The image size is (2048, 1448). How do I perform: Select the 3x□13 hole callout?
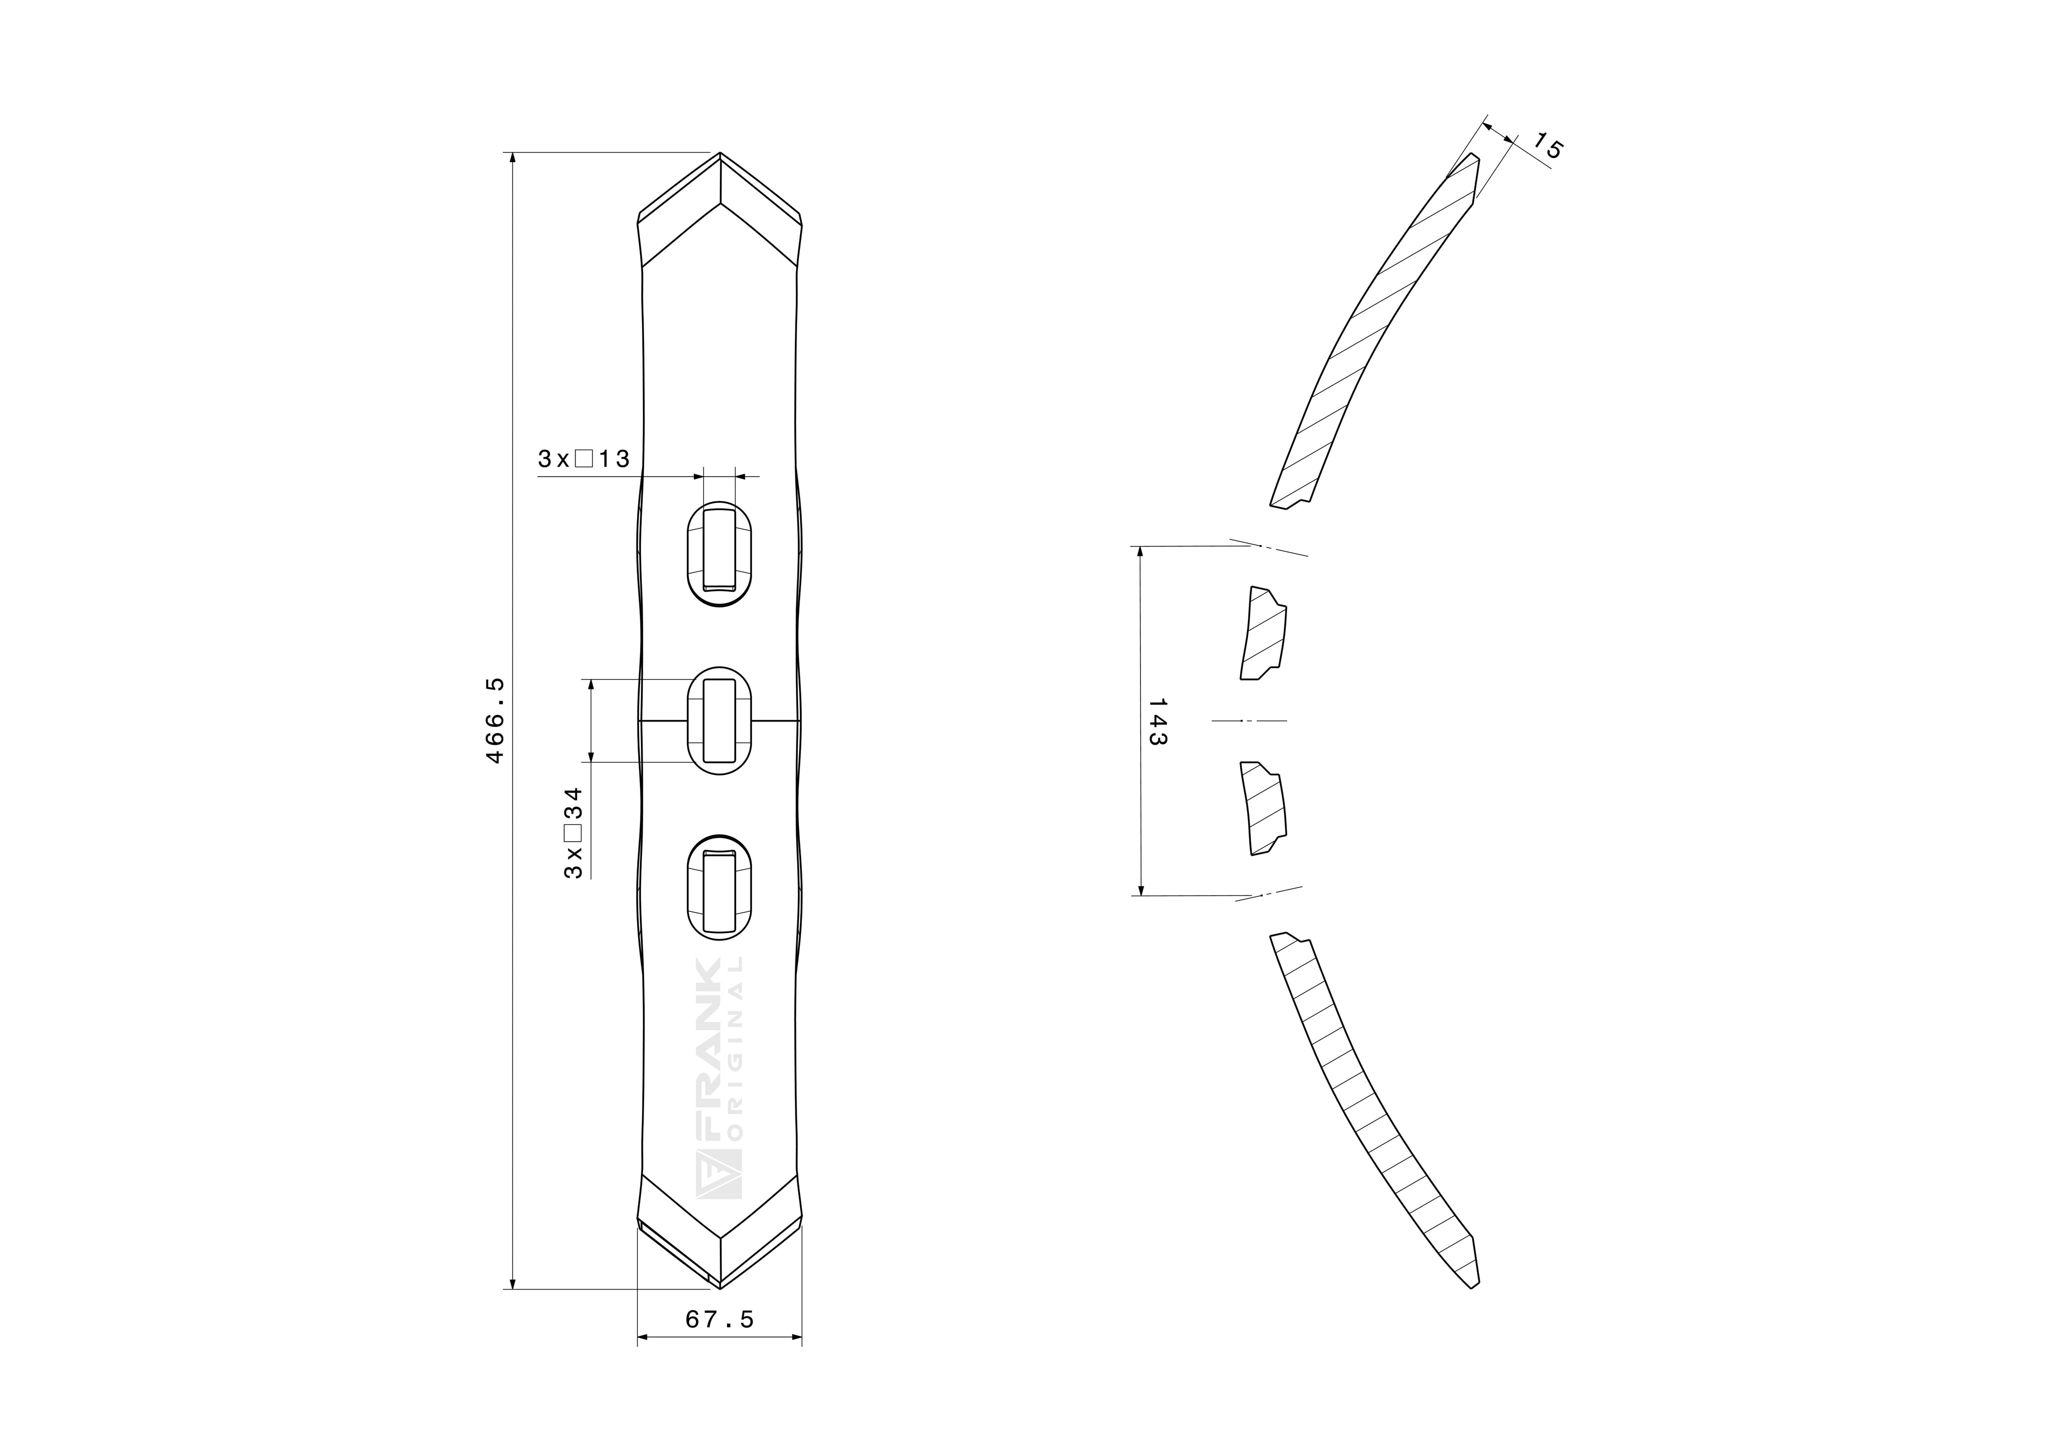tap(583, 459)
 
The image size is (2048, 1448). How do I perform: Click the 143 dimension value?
tap(1157, 721)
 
